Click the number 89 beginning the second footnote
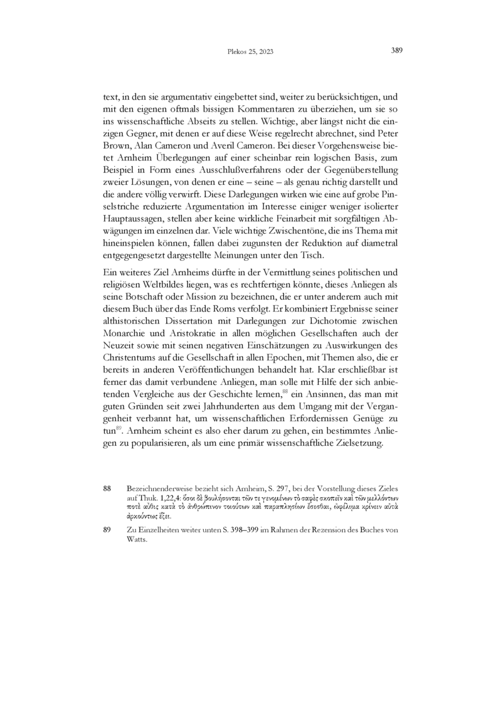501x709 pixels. [x=107, y=530]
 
